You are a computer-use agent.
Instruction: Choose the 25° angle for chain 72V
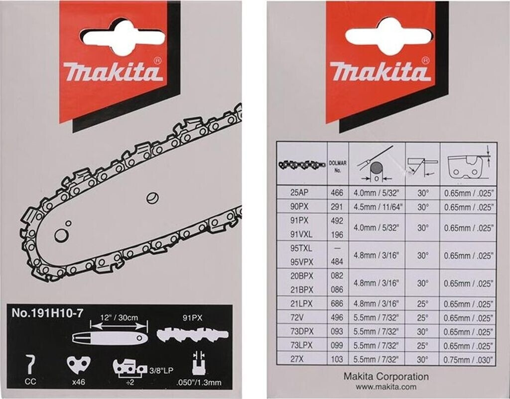coord(423,316)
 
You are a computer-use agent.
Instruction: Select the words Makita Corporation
coord(386,377)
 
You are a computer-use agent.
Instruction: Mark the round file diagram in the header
coord(377,163)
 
